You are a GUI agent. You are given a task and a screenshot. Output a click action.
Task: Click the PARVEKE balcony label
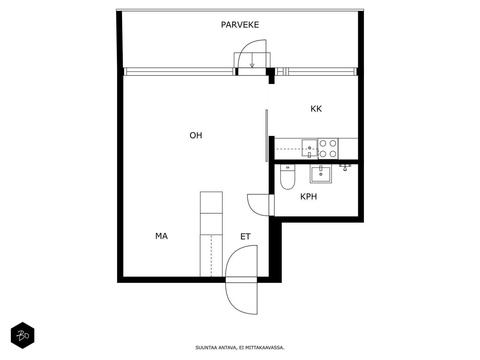[240, 25]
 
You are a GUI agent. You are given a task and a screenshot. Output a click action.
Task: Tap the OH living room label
[196, 136]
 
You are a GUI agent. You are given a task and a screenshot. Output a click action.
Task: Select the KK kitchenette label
[316, 109]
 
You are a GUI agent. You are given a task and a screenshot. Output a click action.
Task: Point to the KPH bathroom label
[308, 197]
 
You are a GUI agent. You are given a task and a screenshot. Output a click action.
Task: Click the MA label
[161, 236]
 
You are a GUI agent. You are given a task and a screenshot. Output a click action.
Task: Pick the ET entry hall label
[245, 236]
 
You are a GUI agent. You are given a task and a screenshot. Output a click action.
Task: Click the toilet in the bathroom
[288, 177]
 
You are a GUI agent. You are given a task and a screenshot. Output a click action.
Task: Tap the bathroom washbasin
[321, 174]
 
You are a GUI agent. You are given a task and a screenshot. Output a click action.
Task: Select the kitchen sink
[309, 148]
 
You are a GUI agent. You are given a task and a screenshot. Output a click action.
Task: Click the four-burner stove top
[328, 148]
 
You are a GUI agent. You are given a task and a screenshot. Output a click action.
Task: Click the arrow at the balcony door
[252, 60]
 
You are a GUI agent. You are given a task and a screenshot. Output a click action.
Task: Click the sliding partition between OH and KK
[267, 136]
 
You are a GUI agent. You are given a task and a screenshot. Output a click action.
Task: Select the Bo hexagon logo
[22, 335]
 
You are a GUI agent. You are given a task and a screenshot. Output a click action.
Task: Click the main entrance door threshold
[241, 280]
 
